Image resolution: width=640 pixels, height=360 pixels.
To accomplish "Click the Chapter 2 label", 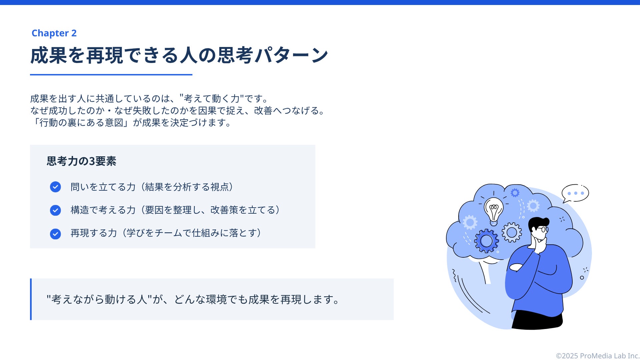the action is click(x=54, y=33).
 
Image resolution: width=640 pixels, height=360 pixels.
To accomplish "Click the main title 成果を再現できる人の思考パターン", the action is click(x=179, y=55).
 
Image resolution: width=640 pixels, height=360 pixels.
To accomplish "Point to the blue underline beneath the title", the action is click(x=111, y=75).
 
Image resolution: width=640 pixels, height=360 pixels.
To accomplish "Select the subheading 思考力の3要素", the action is click(x=81, y=161).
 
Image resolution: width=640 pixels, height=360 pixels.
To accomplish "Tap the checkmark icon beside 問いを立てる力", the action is click(x=55, y=187).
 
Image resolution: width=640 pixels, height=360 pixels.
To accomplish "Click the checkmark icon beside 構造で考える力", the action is click(x=55, y=210).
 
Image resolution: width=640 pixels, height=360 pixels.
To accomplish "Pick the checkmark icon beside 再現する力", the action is click(x=55, y=234).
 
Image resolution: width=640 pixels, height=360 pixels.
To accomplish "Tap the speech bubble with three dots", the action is click(x=575, y=193).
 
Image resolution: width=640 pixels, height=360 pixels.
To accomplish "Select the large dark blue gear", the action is click(x=486, y=241).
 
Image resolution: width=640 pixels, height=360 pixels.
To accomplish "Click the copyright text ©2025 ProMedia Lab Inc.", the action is click(x=598, y=356).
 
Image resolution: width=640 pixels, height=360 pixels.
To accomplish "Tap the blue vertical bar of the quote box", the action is click(x=31, y=299).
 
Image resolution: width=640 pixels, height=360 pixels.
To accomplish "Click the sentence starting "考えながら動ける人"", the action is click(x=193, y=299).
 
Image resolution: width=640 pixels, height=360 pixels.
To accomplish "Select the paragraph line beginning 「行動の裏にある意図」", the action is click(x=131, y=123).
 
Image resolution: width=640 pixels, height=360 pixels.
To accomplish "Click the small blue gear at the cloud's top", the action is click(x=515, y=193).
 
